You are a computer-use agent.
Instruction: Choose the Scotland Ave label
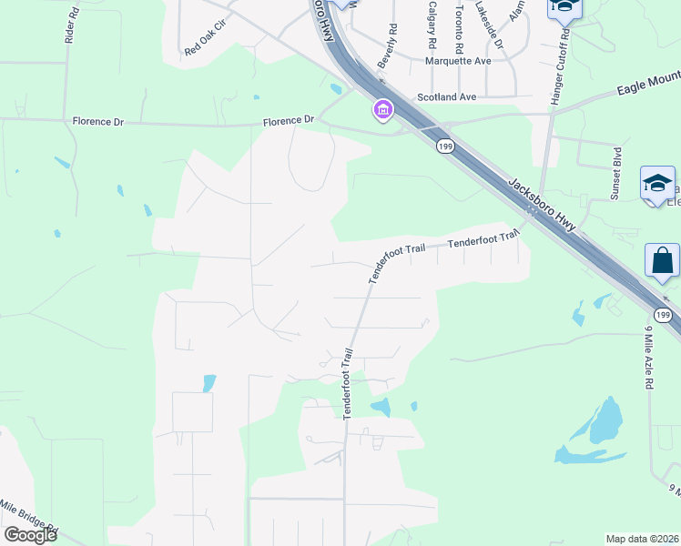tap(447, 96)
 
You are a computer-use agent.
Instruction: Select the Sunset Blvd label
tap(616, 174)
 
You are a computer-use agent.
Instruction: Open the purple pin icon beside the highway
tap(382, 110)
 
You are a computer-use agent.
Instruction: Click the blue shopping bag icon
tap(662, 260)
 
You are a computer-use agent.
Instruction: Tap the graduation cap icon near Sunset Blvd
tap(657, 184)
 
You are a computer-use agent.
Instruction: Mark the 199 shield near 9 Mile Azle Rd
tap(665, 315)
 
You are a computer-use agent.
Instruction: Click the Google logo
tap(31, 534)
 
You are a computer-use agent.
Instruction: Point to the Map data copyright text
tap(641, 538)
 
